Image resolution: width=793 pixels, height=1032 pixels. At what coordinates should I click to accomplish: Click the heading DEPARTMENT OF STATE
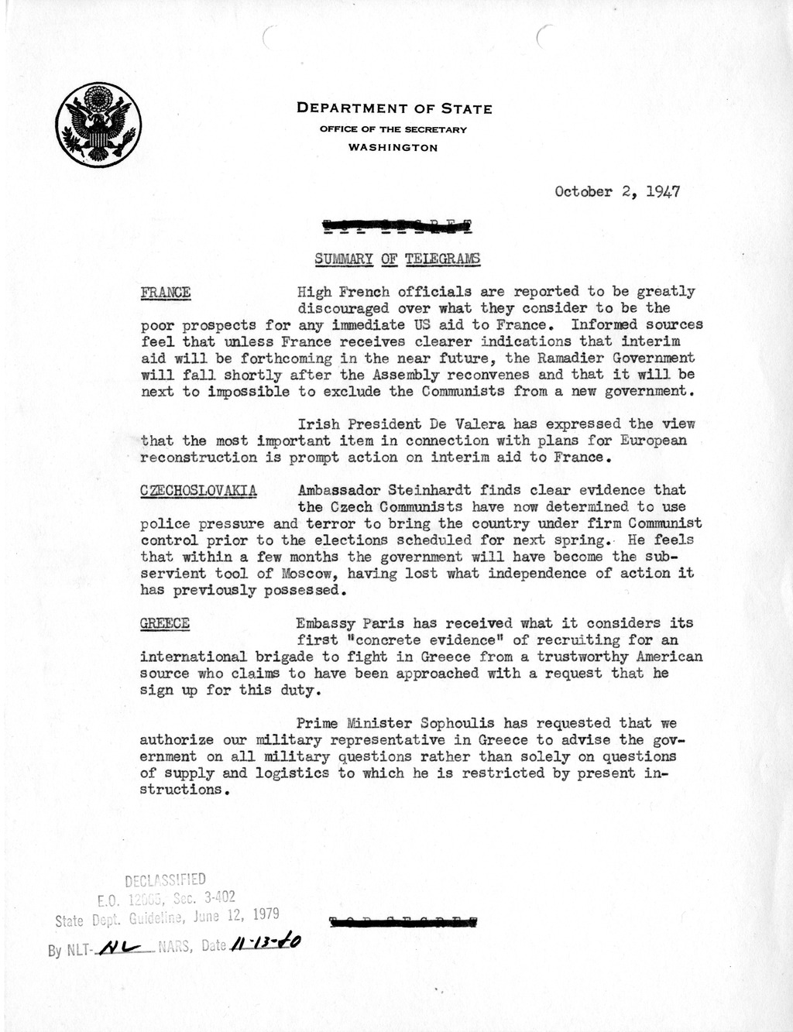pyautogui.click(x=394, y=109)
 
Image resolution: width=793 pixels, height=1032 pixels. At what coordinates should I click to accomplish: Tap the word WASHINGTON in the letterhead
pyautogui.click(x=393, y=147)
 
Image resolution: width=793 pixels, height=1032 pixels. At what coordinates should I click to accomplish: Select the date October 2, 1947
pyautogui.click(x=617, y=192)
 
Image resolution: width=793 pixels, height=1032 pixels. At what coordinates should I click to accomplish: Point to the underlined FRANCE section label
pyautogui.click(x=165, y=292)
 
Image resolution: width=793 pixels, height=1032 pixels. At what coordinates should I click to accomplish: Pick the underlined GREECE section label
pyautogui.click(x=164, y=623)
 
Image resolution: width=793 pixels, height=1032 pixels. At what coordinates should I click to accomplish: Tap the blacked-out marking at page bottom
pyautogui.click(x=403, y=922)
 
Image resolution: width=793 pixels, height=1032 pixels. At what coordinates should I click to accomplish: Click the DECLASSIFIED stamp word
pyautogui.click(x=165, y=879)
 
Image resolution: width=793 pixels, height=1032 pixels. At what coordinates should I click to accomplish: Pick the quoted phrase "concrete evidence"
pyautogui.click(x=423, y=640)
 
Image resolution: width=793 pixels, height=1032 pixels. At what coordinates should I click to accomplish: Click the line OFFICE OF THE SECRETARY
pyautogui.click(x=393, y=129)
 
